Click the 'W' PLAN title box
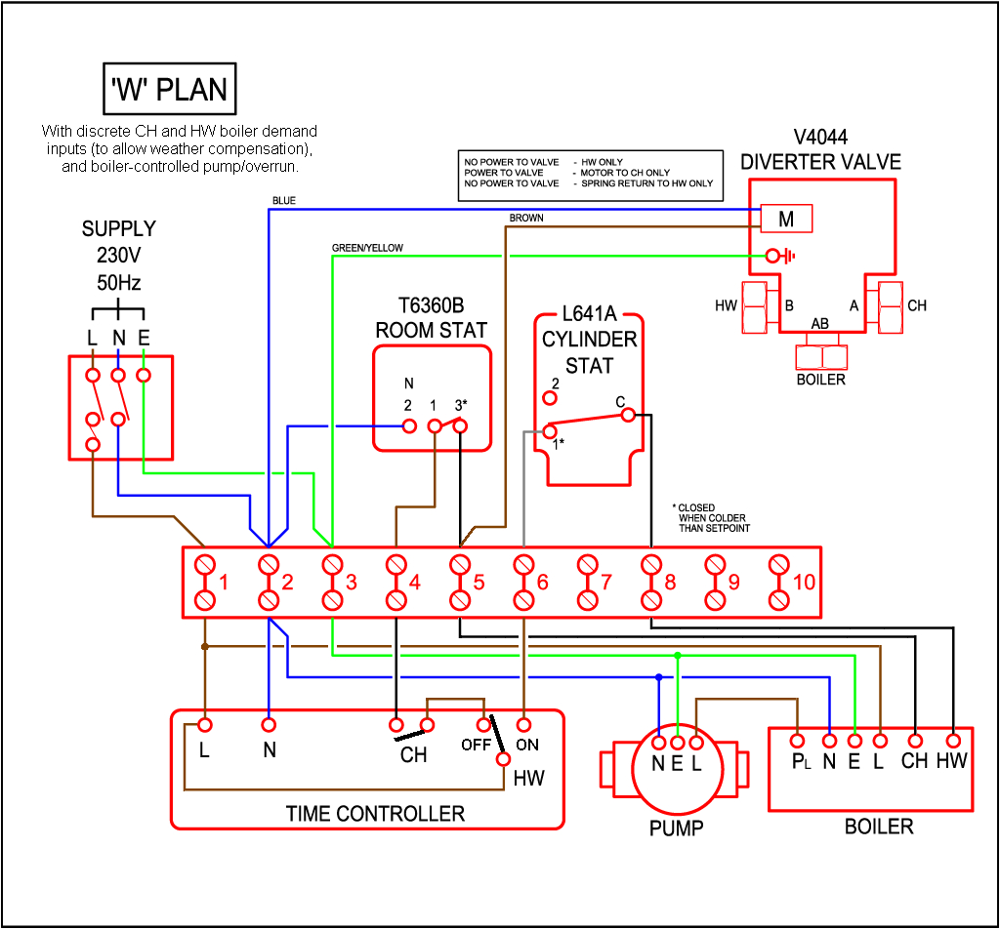[170, 90]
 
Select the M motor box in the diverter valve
[786, 220]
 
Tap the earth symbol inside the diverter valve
[780, 257]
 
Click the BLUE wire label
[284, 201]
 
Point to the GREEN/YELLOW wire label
[367, 248]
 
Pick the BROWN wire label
[526, 218]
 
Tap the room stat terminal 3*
[460, 425]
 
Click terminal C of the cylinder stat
[626, 415]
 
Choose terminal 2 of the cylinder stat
[551, 397]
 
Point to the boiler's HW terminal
[951, 740]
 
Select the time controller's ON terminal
[524, 725]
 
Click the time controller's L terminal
[205, 725]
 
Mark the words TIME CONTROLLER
[375, 813]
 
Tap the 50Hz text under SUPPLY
[118, 284]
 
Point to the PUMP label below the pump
[677, 828]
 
